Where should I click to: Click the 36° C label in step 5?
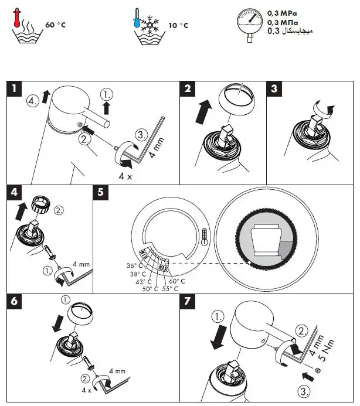click(136, 265)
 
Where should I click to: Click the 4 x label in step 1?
click(125, 175)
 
